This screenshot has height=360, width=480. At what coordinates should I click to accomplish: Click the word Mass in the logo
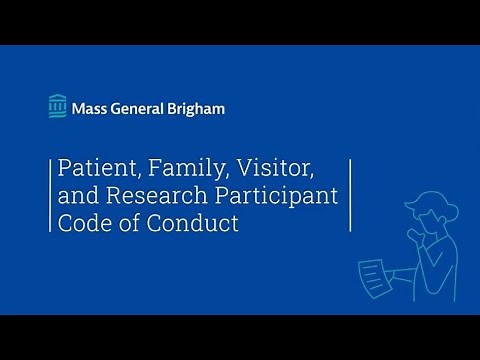pos(91,107)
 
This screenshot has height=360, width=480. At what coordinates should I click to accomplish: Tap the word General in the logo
pos(142,107)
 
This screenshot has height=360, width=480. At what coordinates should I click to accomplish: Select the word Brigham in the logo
pos(198,107)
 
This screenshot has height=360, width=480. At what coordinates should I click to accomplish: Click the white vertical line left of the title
pos(50,194)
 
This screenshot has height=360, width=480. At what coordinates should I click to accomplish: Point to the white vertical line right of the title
pos(350,194)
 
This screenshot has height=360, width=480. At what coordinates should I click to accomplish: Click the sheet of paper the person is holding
pos(372,272)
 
